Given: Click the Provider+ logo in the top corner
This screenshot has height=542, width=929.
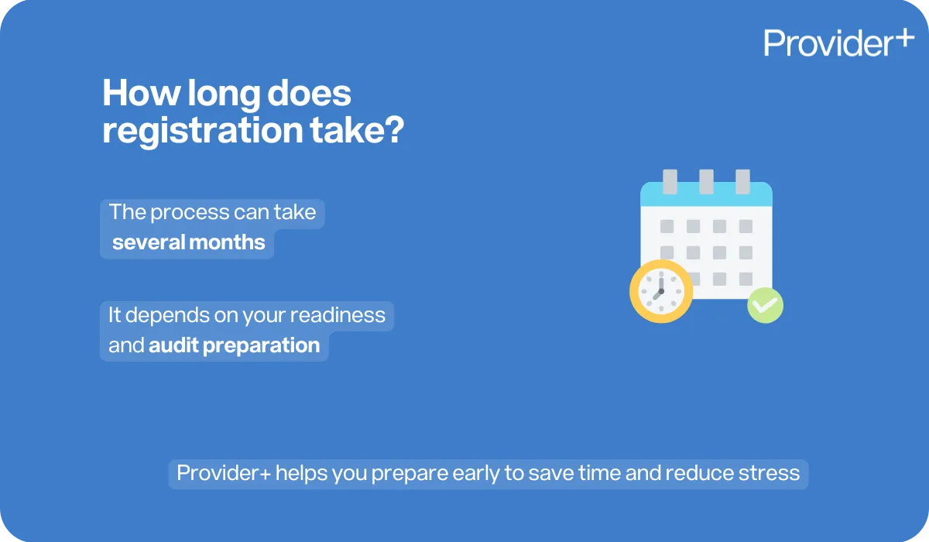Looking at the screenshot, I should (x=838, y=42).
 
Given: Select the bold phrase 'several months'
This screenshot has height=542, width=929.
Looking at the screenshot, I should (x=188, y=242).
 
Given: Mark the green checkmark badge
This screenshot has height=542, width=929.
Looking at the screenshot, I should (x=765, y=305).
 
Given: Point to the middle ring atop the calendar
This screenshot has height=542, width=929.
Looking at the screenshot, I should (x=706, y=181).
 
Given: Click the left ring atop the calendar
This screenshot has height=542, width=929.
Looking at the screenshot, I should (x=670, y=181).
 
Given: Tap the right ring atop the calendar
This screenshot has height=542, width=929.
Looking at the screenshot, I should (x=742, y=181).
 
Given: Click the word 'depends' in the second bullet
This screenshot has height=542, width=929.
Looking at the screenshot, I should (x=168, y=315).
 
